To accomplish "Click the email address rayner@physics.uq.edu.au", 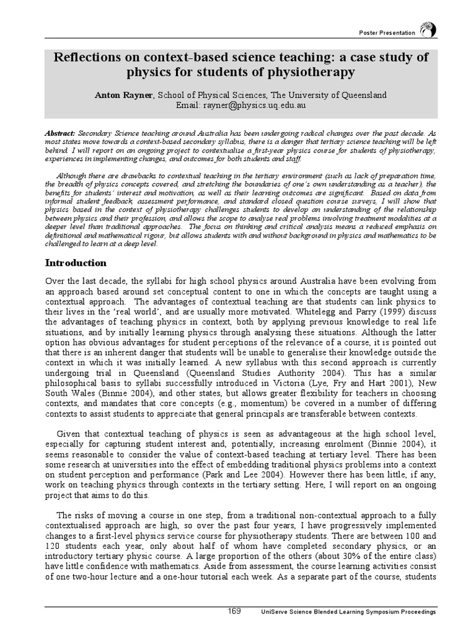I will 253,105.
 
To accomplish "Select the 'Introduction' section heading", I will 76,263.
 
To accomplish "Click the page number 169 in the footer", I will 235,611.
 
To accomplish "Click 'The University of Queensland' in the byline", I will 328,95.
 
